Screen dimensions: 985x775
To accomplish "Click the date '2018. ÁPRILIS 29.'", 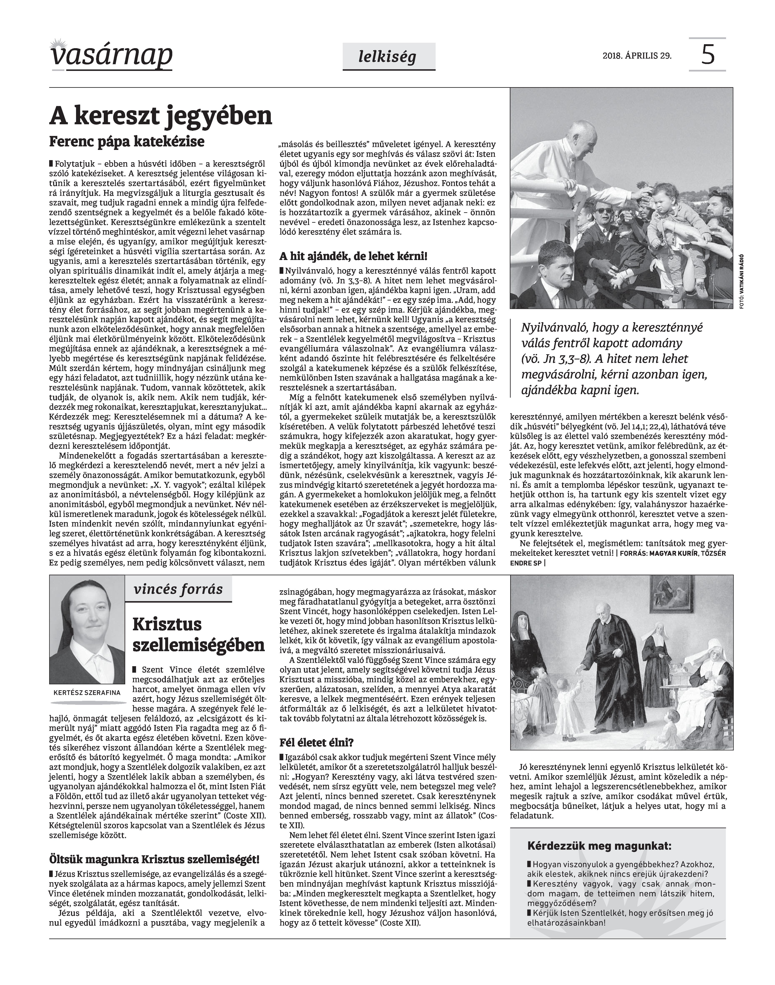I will (637, 56).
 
